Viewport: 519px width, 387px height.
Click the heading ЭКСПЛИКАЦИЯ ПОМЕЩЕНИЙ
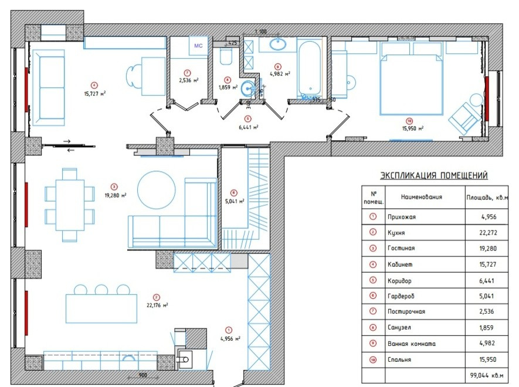click(434, 175)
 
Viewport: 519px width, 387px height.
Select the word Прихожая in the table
click(402, 217)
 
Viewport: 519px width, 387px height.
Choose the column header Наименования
click(421, 198)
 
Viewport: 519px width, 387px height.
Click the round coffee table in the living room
click(156, 189)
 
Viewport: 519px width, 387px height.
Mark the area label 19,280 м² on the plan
click(115, 196)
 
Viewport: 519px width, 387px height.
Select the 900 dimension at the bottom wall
click(143, 374)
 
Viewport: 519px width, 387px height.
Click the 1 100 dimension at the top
click(260, 31)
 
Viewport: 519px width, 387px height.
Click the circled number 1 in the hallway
click(229, 330)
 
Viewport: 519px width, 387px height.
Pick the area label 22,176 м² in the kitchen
click(157, 305)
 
